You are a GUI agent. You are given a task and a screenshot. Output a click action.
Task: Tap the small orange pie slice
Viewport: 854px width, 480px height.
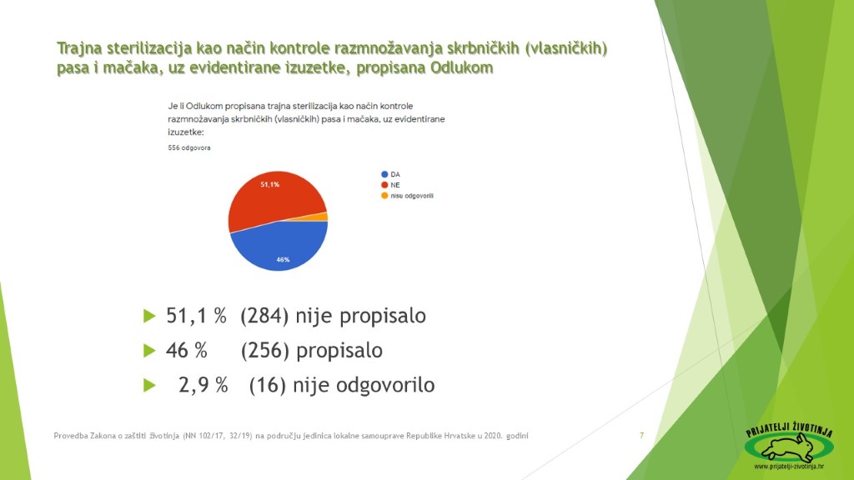[321, 217]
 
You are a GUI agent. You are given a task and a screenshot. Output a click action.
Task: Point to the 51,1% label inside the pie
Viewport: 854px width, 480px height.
[269, 184]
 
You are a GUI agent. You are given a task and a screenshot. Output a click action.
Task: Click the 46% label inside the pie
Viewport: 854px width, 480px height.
[283, 260]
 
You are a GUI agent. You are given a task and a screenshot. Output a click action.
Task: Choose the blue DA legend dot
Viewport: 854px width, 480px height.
[384, 174]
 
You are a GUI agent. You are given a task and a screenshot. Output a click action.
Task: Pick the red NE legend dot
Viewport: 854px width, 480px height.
[384, 185]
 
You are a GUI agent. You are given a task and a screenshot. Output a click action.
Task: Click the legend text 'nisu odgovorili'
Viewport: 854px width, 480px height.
[412, 195]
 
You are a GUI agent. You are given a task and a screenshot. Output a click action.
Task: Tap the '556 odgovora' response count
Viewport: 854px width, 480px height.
[189, 147]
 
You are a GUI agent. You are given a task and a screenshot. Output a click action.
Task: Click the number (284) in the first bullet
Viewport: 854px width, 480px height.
[264, 316]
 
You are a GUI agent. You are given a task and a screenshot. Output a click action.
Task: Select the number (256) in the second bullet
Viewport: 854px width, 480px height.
[264, 351]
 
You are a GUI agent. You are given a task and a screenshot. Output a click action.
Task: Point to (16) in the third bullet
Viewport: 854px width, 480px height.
[268, 385]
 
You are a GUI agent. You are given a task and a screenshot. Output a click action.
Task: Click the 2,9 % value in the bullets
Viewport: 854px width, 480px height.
[203, 385]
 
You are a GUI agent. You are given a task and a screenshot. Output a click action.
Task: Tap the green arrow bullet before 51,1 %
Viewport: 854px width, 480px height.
[149, 316]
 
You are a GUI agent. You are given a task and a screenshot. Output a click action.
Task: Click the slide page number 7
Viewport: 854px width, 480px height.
[641, 435]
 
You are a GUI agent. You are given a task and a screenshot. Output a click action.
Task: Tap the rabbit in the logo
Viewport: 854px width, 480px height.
[789, 448]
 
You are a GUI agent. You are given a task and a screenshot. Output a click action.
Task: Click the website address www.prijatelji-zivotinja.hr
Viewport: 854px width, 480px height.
[789, 467]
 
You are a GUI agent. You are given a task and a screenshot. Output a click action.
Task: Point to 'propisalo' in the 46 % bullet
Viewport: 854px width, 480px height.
[339, 351]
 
